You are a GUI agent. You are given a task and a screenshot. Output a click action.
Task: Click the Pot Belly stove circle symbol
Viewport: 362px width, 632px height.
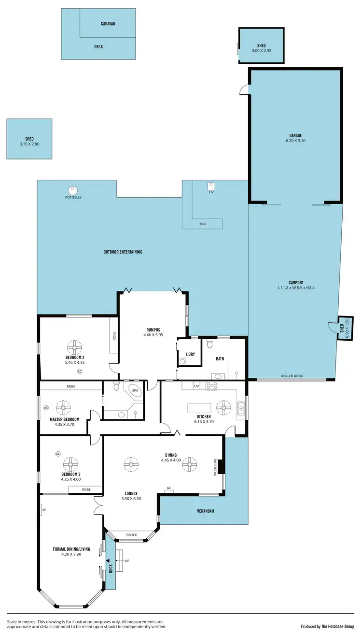(x=73, y=189)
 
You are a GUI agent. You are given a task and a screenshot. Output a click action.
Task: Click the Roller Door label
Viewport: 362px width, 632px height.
(x=292, y=376)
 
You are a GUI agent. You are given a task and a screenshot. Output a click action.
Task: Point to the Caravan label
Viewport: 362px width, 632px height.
(x=108, y=23)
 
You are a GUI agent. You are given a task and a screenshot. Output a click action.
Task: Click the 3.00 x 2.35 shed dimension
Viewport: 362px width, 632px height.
(x=261, y=51)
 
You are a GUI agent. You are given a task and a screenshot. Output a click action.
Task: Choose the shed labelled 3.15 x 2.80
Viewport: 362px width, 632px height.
(x=29, y=139)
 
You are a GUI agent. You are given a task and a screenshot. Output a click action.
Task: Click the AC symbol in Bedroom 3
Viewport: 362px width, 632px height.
(x=58, y=454)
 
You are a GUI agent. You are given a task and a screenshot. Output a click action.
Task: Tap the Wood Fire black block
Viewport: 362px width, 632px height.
(x=220, y=467)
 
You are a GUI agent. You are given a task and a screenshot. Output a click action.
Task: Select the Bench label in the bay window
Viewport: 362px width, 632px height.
(x=131, y=535)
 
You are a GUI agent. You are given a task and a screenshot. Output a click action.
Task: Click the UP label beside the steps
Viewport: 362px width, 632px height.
(x=127, y=561)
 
